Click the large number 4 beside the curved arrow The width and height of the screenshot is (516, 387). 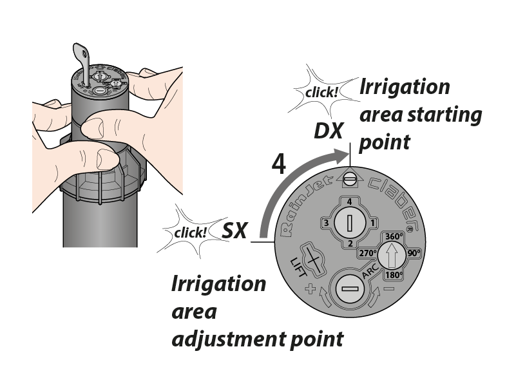click(x=279, y=164)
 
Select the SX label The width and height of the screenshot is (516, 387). click(x=234, y=230)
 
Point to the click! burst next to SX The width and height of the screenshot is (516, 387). click(x=190, y=231)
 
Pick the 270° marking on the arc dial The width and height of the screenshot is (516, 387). click(x=368, y=253)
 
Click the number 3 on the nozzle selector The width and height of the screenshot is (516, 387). click(x=327, y=223)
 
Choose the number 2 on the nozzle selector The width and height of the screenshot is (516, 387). click(x=350, y=243)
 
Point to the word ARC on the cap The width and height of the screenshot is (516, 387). click(x=370, y=276)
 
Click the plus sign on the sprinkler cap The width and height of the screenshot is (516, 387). click(x=312, y=290)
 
